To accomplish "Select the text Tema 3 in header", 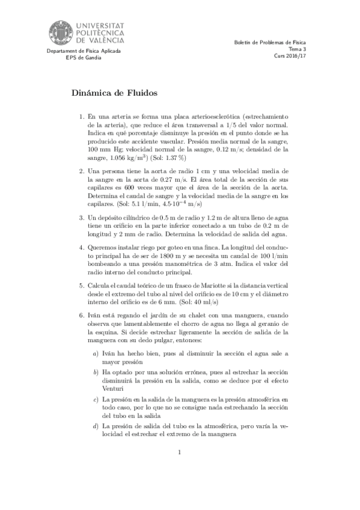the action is click(x=297, y=49).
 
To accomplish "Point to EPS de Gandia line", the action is click(x=84, y=58).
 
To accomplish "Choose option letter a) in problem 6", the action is click(x=96, y=354).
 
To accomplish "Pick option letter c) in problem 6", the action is click(x=96, y=399).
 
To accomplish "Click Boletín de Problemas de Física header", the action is click(x=270, y=43).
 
